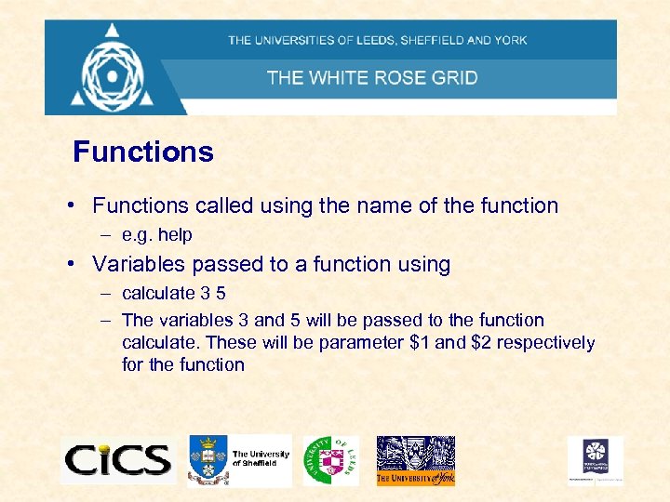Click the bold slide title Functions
click(x=143, y=152)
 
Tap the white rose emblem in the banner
click(x=114, y=67)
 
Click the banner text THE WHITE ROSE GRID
click(x=372, y=77)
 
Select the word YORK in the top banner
click(x=510, y=40)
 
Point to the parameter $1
click(x=420, y=342)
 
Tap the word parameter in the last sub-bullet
click(x=363, y=342)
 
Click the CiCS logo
click(x=117, y=459)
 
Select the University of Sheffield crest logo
click(x=208, y=459)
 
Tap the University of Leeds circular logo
click(x=329, y=460)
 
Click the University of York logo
click(x=415, y=460)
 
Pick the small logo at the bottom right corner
click(x=596, y=460)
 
